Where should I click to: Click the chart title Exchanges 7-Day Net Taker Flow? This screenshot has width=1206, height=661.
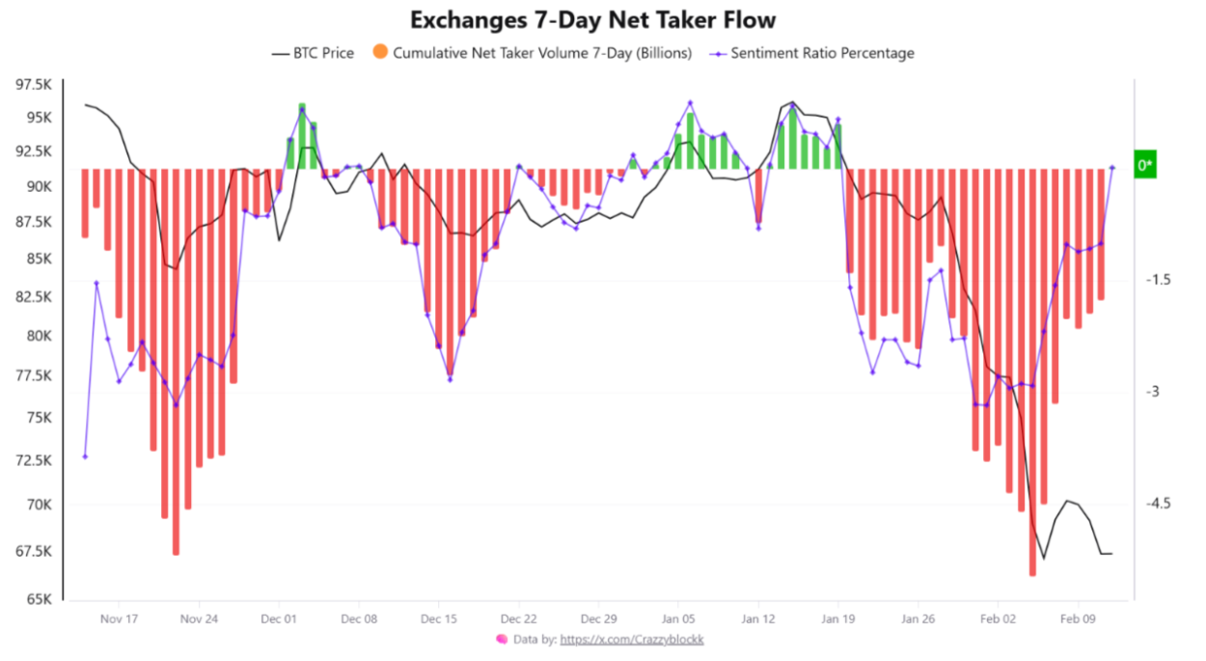(x=592, y=19)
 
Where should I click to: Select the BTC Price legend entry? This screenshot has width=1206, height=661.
(x=313, y=53)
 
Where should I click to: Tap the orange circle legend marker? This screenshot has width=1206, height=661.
(x=380, y=52)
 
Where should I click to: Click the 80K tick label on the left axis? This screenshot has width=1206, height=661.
(x=40, y=336)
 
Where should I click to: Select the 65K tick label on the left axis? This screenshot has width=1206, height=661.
(x=40, y=598)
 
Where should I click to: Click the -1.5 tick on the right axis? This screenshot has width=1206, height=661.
(x=1158, y=279)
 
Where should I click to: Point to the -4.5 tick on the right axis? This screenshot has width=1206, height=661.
(x=1158, y=503)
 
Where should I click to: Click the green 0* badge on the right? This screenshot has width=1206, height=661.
(x=1144, y=165)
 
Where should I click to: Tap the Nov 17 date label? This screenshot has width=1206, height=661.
(x=118, y=618)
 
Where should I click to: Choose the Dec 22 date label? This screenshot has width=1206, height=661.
(x=518, y=618)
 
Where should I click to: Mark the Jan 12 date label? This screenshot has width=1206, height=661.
(x=758, y=618)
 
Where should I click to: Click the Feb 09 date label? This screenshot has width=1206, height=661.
(x=1079, y=618)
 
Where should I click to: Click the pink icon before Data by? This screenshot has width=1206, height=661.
(x=502, y=639)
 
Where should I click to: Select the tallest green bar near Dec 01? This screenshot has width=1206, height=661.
(x=302, y=136)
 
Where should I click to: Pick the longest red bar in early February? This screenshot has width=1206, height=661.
(x=1032, y=372)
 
